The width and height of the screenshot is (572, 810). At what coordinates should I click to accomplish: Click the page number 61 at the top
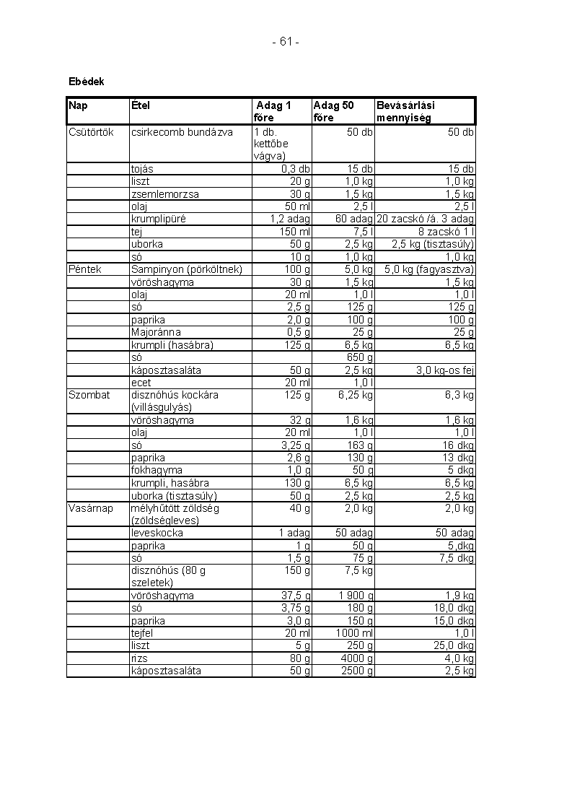pos(286,42)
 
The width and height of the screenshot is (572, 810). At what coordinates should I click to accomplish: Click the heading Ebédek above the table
pos(86,82)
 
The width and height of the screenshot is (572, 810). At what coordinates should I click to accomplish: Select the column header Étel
pos(141,105)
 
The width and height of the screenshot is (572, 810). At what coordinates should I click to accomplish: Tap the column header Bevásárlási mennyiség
pos(405,112)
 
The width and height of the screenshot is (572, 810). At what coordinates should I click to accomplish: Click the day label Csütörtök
pos(91,132)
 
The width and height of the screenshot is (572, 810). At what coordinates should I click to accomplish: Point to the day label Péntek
pos(85,269)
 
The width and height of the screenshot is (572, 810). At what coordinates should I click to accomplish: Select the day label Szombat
pos(89,395)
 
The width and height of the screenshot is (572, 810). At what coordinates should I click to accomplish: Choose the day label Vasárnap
pos(91,508)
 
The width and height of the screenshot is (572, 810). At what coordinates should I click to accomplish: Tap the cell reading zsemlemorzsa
pos(165,194)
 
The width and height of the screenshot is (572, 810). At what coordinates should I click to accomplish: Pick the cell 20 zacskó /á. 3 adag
pos(425,219)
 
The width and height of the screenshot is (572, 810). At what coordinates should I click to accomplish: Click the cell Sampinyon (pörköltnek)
pos(187,269)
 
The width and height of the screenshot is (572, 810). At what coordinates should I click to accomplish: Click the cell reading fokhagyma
pos(154,470)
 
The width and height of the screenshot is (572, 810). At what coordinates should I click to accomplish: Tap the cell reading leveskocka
pos(157,533)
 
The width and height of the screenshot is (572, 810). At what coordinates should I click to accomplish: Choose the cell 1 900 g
pos(356,596)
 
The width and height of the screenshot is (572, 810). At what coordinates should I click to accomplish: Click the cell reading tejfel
pos(141,633)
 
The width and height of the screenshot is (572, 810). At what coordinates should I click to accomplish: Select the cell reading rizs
pos(138,658)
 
